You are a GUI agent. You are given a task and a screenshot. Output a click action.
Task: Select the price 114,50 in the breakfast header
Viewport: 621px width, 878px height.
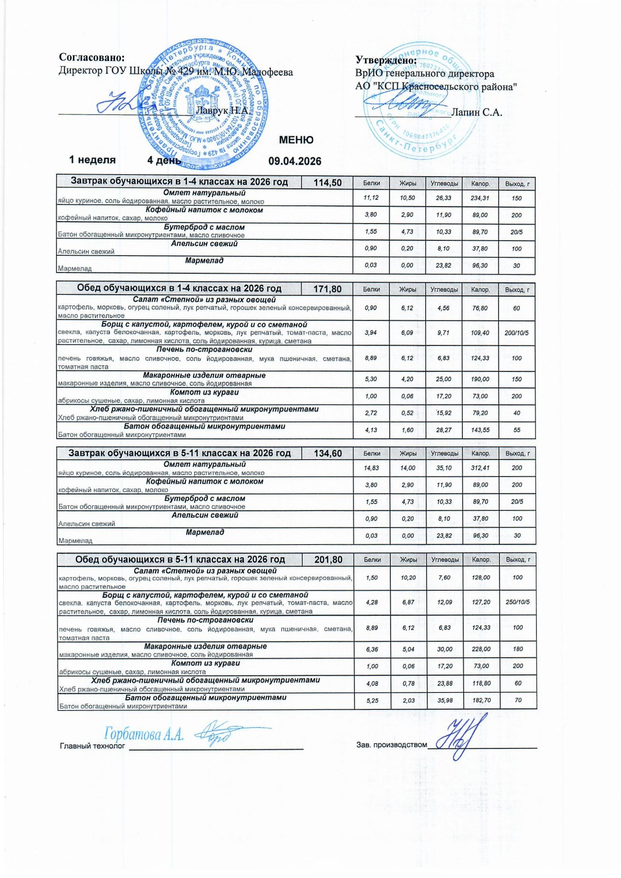click(x=328, y=183)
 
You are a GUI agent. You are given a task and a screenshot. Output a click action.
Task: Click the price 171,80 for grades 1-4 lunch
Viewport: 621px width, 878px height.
click(x=328, y=289)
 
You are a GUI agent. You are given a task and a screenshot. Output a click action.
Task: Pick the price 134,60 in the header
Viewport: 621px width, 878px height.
click(x=328, y=454)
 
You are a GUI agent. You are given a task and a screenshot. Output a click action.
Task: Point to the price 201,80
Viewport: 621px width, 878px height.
click(x=328, y=560)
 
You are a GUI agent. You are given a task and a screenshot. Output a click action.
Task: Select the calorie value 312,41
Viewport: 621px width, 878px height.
click(x=480, y=468)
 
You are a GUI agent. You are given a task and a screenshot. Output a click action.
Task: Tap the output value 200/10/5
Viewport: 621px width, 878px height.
click(x=517, y=333)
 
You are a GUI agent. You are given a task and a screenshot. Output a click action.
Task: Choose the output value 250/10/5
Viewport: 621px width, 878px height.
click(x=517, y=602)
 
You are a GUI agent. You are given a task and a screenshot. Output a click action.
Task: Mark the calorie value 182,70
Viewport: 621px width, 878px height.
click(x=481, y=700)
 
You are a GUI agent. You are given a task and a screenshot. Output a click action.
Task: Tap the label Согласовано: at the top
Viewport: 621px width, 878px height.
click(x=92, y=58)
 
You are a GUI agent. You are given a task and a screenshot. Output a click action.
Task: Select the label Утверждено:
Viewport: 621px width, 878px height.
click(x=386, y=60)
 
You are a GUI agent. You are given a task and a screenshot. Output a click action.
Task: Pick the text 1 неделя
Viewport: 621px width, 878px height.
click(x=92, y=160)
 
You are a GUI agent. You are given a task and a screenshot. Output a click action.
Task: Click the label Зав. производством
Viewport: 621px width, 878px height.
click(x=391, y=745)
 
